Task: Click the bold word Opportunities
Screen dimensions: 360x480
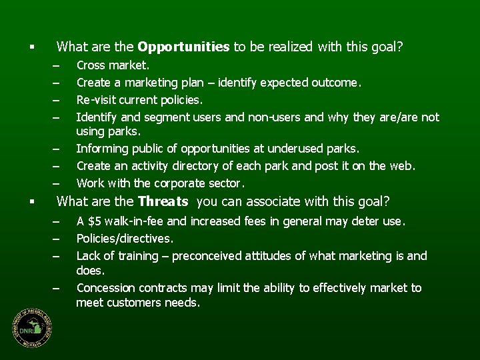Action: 183,47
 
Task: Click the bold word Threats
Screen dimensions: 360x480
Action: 163,201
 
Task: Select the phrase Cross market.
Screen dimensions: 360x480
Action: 113,65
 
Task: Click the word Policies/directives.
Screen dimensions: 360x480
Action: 125,238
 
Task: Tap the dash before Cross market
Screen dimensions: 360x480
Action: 57,66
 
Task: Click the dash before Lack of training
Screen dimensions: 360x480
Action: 57,257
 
